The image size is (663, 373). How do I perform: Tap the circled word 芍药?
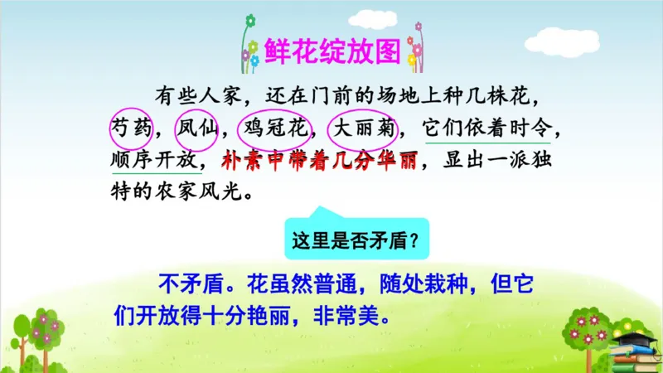click(x=130, y=128)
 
